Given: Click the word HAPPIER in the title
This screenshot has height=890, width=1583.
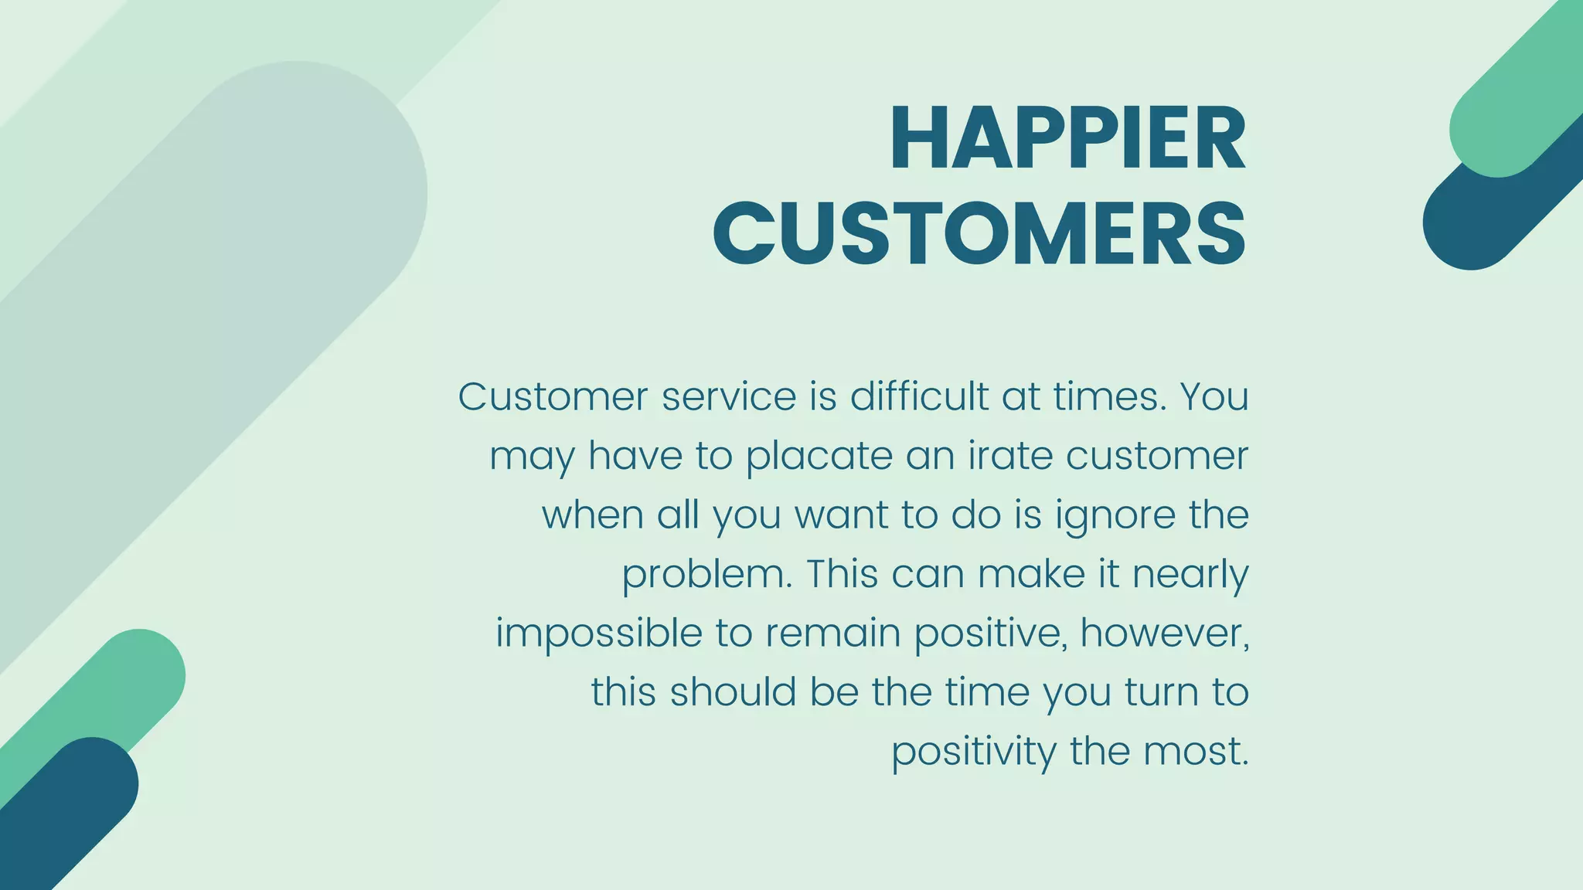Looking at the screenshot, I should [x=1067, y=139].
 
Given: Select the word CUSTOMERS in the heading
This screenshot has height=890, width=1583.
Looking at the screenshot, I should [x=979, y=233].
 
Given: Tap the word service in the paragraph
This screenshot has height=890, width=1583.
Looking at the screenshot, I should [x=729, y=397].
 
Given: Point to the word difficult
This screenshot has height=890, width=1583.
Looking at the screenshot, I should [x=919, y=397].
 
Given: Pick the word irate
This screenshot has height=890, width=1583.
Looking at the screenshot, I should [x=1009, y=456].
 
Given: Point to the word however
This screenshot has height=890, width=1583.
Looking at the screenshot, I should [x=1164, y=634].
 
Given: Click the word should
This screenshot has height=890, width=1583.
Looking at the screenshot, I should [x=733, y=692].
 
